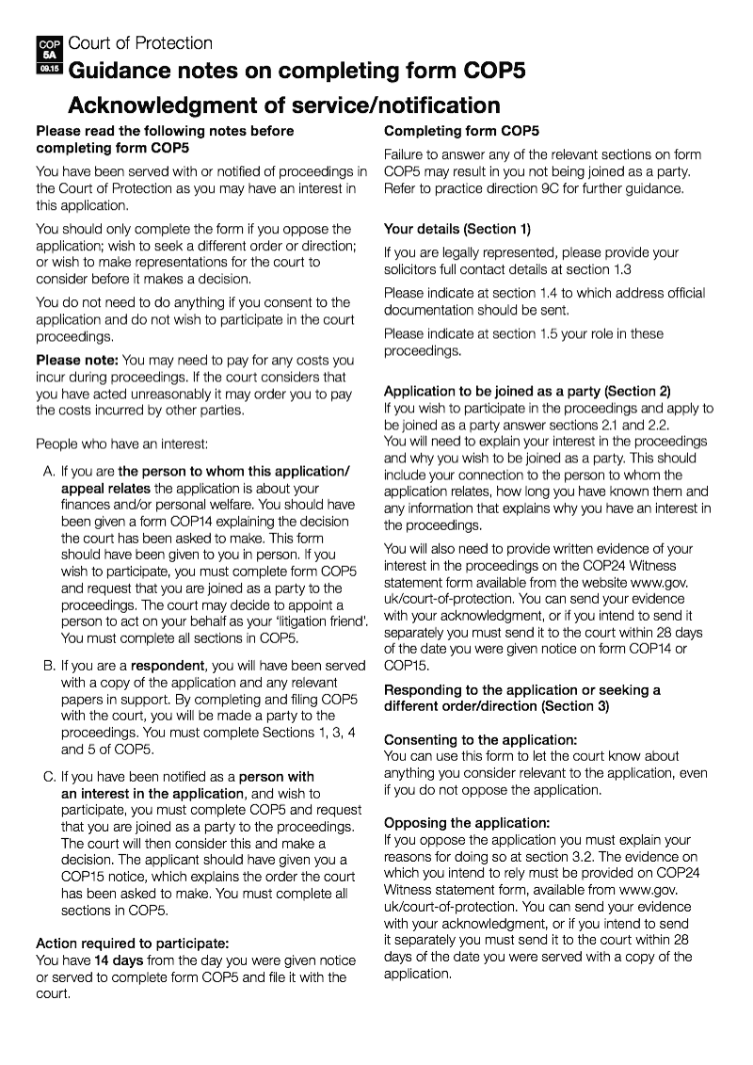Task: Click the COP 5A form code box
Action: click(x=49, y=56)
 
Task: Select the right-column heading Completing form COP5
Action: click(x=461, y=131)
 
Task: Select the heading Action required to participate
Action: click(x=133, y=943)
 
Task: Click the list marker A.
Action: click(x=48, y=471)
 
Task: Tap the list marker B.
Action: click(x=48, y=666)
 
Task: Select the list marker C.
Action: click(x=48, y=777)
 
